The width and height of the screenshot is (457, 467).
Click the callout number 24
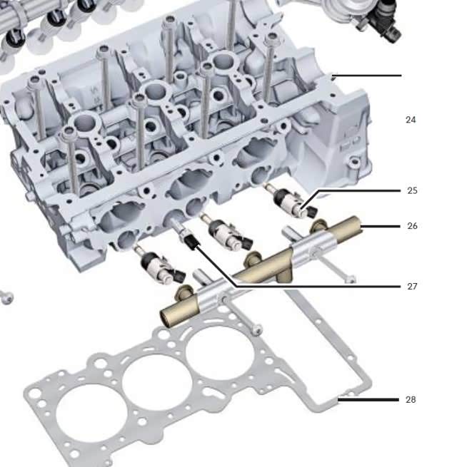tap(411, 120)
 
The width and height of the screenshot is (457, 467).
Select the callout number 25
tap(412, 190)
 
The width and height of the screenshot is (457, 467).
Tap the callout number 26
tap(412, 226)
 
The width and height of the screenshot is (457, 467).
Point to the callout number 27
tap(412, 286)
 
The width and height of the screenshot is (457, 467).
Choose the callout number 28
tap(411, 399)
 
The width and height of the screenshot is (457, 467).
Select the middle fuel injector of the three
tap(227, 232)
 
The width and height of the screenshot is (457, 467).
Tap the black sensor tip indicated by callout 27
tap(191, 241)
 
